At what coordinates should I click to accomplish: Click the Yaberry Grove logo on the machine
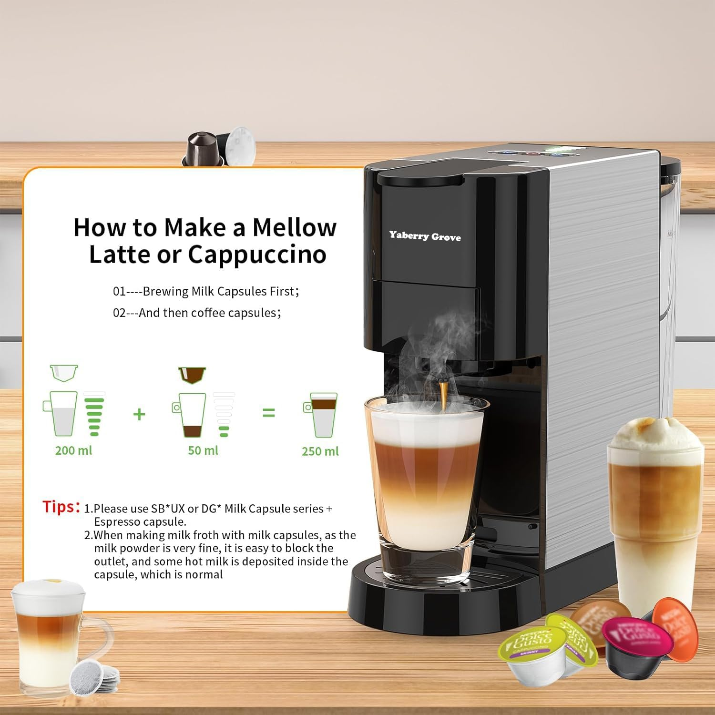tap(425, 236)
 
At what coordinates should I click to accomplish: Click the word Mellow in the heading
tap(294, 227)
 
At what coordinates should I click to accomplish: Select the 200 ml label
tap(74, 450)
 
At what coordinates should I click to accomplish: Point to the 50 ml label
tap(203, 450)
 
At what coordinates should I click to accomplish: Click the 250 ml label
tap(320, 451)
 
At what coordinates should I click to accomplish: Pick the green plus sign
tap(139, 414)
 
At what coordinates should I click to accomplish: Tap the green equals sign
tap(269, 413)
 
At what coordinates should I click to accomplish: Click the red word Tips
tap(61, 507)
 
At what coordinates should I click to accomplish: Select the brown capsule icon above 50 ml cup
tap(192, 375)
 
